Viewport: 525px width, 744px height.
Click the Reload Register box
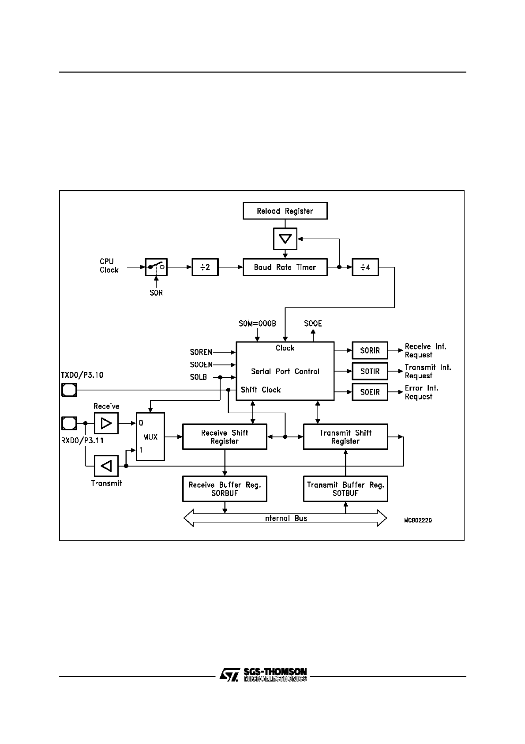coord(285,211)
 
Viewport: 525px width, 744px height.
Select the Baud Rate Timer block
coord(285,267)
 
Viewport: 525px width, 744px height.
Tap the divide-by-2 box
coord(205,267)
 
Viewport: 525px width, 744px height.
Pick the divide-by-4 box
coord(365,267)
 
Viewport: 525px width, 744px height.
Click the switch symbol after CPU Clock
coord(156,267)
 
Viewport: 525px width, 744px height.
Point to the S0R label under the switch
coord(156,293)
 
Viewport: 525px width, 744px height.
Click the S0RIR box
coord(370,350)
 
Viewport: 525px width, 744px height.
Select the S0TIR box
coord(370,371)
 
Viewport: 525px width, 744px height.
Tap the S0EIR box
coord(370,392)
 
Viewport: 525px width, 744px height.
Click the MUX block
coord(150,437)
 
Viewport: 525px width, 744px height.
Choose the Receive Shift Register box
coord(225,437)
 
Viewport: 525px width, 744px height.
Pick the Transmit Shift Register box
coord(345,437)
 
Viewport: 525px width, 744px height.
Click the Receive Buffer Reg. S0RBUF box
coord(225,489)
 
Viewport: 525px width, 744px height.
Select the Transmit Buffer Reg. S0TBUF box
coord(345,489)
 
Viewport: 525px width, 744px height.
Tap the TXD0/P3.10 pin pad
coord(69,390)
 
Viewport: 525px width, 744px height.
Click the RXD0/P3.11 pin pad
coord(69,423)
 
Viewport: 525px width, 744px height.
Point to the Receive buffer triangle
coord(106,423)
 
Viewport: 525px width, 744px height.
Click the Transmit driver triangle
coord(106,466)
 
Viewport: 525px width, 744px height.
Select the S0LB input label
coord(199,377)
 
